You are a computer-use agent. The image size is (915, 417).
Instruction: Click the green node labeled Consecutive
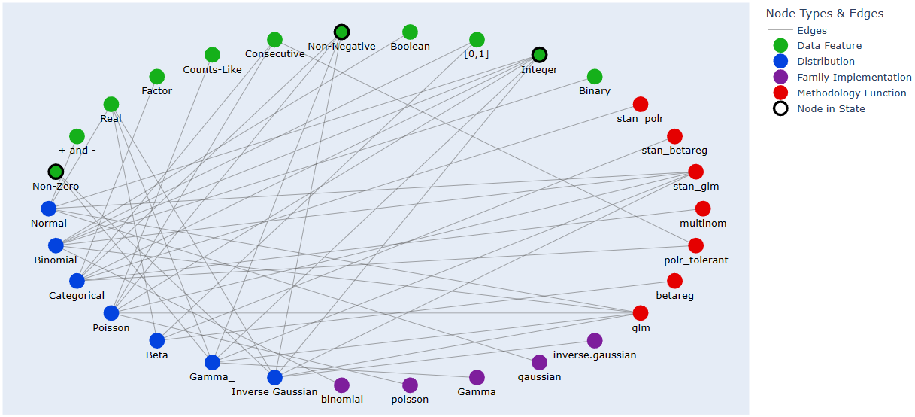274,40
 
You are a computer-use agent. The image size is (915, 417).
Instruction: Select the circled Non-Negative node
341,32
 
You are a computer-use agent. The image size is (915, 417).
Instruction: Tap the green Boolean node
410,32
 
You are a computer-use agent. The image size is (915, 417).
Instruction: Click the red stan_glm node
695,172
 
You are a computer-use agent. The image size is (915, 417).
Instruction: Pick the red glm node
641,313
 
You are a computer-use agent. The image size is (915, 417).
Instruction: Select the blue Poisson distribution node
111,313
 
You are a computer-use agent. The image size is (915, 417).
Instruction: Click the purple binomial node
341,385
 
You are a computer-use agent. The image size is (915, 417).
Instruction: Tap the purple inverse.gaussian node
595,340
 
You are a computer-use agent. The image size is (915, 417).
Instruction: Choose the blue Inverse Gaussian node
274,378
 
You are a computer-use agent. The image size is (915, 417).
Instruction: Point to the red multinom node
703,208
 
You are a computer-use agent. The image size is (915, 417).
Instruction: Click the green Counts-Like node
212,55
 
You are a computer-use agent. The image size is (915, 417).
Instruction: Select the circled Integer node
539,55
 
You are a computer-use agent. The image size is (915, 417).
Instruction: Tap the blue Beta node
156,340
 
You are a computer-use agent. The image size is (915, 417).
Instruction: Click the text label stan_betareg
674,151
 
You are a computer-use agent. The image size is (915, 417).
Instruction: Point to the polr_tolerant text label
696,260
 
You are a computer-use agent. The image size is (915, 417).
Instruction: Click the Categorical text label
77,296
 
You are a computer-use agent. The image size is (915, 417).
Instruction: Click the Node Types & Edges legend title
824,14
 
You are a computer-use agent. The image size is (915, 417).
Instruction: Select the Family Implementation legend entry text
854,78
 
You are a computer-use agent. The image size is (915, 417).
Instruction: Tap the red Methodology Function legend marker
780,93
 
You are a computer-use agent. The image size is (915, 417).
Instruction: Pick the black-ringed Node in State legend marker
780,109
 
